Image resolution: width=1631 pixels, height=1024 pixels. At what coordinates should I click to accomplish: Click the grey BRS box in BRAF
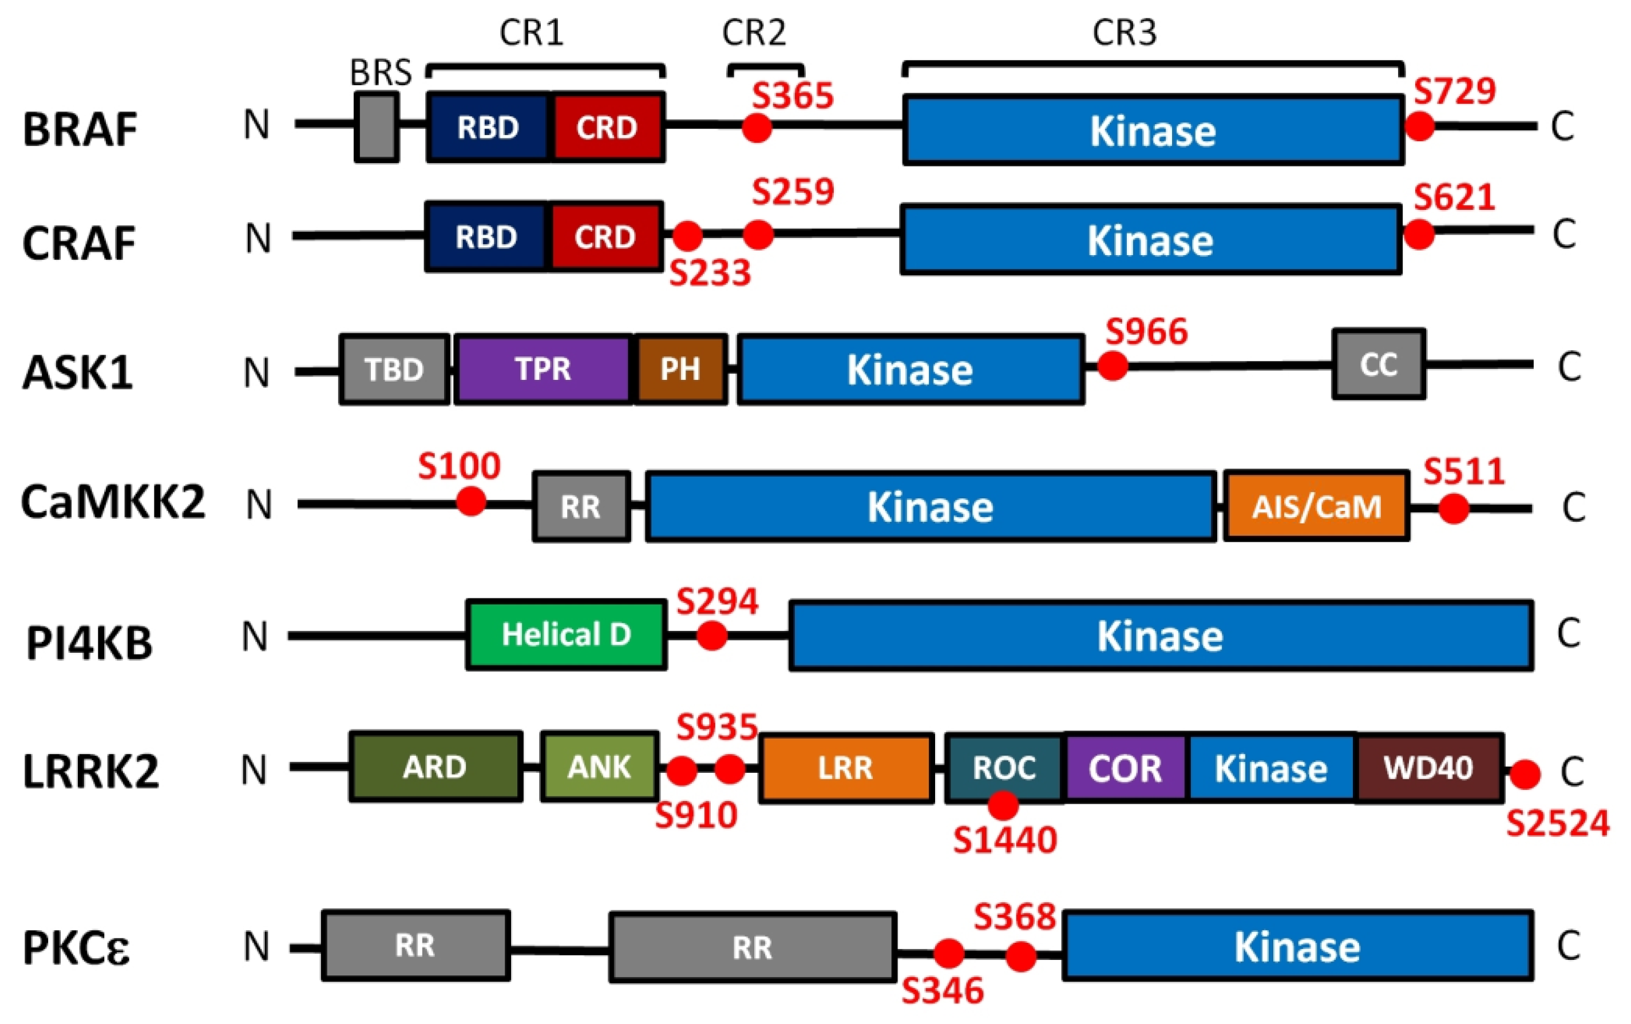pos(377,128)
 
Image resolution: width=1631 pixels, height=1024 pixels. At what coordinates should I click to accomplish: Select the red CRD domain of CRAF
pos(605,236)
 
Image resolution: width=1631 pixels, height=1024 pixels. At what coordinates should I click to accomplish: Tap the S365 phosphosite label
pos(793,96)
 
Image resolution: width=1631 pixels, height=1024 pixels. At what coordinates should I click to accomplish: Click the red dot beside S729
pos(1420,126)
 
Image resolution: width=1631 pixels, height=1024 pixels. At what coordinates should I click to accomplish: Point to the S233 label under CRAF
pos(710,273)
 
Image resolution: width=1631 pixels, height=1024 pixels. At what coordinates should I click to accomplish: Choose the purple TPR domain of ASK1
pos(543,369)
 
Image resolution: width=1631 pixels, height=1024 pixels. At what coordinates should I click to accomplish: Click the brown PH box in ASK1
pos(680,369)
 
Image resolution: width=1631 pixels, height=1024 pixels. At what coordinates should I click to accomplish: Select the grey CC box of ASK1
pos(1379,364)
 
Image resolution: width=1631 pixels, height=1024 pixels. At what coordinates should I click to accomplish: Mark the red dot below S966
pos(1112,366)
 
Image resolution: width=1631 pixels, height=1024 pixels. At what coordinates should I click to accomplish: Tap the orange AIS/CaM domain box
pos(1316,506)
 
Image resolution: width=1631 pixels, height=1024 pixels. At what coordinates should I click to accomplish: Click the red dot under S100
pos(471,502)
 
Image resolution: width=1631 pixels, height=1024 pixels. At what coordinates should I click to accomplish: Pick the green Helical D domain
pos(566,634)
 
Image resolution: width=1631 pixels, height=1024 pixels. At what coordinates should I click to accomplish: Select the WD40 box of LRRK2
pos(1428,767)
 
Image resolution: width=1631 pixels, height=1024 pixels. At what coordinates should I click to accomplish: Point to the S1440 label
pos(1005,840)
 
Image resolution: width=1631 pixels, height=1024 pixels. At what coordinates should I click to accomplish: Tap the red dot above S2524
pos(1525,774)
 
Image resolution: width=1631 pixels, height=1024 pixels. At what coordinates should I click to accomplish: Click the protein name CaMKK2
pos(112,502)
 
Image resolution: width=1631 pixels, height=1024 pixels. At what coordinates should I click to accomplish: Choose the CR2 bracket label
pos(754,33)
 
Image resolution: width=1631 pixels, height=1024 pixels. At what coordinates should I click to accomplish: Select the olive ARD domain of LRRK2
pos(435,767)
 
